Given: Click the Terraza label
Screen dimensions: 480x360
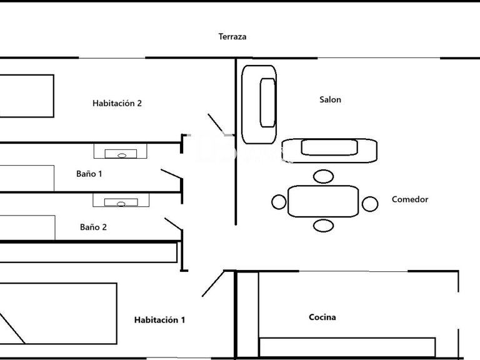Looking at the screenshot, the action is tap(232, 37).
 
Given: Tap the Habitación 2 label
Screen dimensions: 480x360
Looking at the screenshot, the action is tap(117, 103).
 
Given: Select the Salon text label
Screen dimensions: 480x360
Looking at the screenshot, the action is tap(330, 99).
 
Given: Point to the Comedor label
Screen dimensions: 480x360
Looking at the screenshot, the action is tap(410, 199).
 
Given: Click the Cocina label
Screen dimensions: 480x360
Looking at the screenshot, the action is tap(322, 317).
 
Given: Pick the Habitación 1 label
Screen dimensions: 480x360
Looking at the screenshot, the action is tap(159, 320).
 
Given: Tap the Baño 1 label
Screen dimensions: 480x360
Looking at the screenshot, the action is tap(89, 174).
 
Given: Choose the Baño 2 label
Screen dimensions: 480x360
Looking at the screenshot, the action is tap(93, 227).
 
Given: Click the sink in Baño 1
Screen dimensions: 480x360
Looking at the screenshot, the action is tap(120, 151).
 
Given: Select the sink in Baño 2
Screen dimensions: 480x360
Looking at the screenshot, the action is tap(121, 200).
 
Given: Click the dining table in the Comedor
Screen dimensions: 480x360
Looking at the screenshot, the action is tap(323, 201).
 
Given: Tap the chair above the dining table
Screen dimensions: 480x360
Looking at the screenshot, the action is tap(323, 177).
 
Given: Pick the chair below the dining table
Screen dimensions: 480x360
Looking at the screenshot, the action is tap(323, 226).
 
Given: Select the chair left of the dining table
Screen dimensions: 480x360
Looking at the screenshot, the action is tap(279, 202).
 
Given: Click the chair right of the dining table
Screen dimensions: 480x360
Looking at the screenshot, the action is tap(370, 204).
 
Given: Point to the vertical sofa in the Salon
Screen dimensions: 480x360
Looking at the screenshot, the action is tap(259, 104).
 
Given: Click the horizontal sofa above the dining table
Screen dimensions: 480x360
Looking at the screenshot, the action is tap(329, 151).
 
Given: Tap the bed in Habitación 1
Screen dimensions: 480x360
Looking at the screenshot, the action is tap(58, 314).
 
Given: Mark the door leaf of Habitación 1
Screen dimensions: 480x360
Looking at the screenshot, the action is tap(213, 284).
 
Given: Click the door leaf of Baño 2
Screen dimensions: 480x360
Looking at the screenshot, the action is tap(174, 224).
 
